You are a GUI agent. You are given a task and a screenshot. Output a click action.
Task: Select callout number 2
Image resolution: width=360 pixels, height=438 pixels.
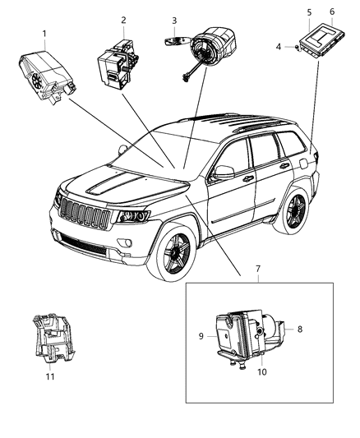(123, 20)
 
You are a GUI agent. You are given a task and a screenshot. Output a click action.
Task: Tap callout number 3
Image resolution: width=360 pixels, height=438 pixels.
(174, 20)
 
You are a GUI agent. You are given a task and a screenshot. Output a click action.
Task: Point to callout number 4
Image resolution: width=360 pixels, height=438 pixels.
(279, 47)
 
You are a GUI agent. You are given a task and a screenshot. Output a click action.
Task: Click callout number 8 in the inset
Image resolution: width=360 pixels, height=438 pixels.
(299, 329)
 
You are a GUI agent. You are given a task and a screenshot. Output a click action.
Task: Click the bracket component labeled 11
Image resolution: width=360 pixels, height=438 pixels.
(49, 337)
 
